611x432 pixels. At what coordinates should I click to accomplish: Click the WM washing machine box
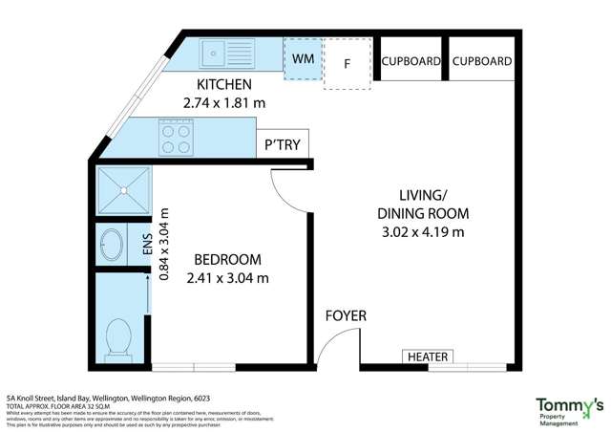[x=303, y=59]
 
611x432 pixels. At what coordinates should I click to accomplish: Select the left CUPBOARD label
[x=411, y=61]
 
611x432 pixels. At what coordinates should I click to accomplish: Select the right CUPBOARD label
[x=481, y=61]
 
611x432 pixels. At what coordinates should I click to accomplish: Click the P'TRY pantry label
[x=283, y=145]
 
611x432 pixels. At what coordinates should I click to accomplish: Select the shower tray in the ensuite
[x=122, y=191]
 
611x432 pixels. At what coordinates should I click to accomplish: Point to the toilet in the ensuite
[x=118, y=336]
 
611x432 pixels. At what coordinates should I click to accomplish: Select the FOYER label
[x=345, y=315]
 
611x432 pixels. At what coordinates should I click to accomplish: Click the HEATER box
[x=428, y=356]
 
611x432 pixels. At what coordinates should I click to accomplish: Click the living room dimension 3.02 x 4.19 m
[x=422, y=231]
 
